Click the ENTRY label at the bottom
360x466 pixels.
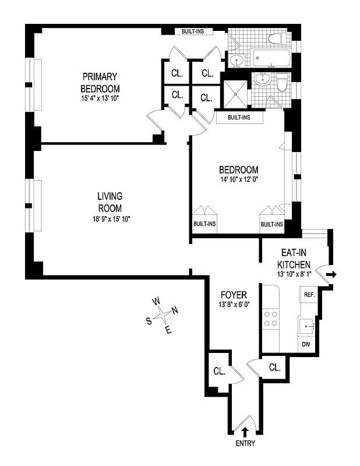pyautogui.click(x=245, y=445)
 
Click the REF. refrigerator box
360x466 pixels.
pyautogui.click(x=308, y=295)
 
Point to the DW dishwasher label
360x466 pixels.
pyautogui.click(x=306, y=345)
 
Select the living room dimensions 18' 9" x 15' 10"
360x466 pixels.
pyautogui.click(x=110, y=219)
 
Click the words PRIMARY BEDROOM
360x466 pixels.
pyautogui.click(x=100, y=82)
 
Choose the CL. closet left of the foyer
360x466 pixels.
pyautogui.click(x=219, y=370)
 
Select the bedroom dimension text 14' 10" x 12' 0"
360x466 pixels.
pyautogui.click(x=239, y=179)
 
